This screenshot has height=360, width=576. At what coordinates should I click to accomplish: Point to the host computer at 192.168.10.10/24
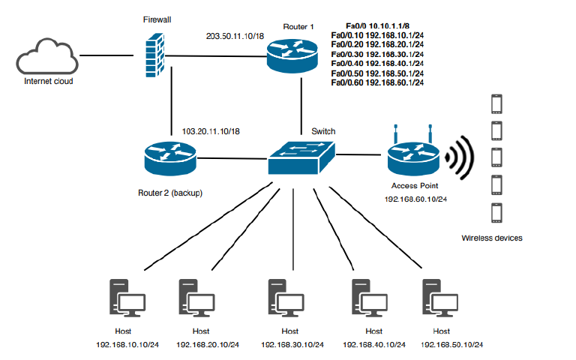[126, 299]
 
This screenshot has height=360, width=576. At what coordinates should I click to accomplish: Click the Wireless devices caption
[491, 238]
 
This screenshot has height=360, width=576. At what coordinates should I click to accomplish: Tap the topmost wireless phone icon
[495, 103]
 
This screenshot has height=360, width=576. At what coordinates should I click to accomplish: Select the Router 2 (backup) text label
[171, 192]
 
